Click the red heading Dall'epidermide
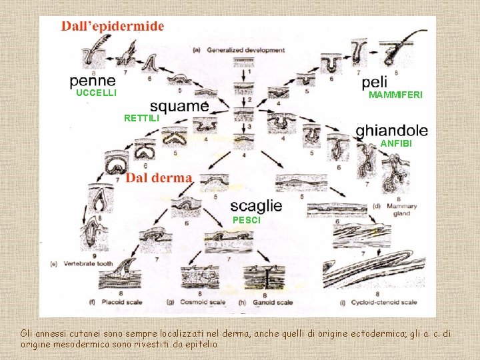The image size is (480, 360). tap(113, 27)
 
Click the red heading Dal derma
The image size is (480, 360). tap(159, 178)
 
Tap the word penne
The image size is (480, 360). tap(93, 81)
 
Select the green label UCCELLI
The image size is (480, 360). tap(97, 93)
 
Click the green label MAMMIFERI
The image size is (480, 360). tap(395, 95)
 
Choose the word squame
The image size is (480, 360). tap(179, 106)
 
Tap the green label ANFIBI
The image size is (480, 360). tap(396, 143)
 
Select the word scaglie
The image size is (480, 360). tap(256, 206)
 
